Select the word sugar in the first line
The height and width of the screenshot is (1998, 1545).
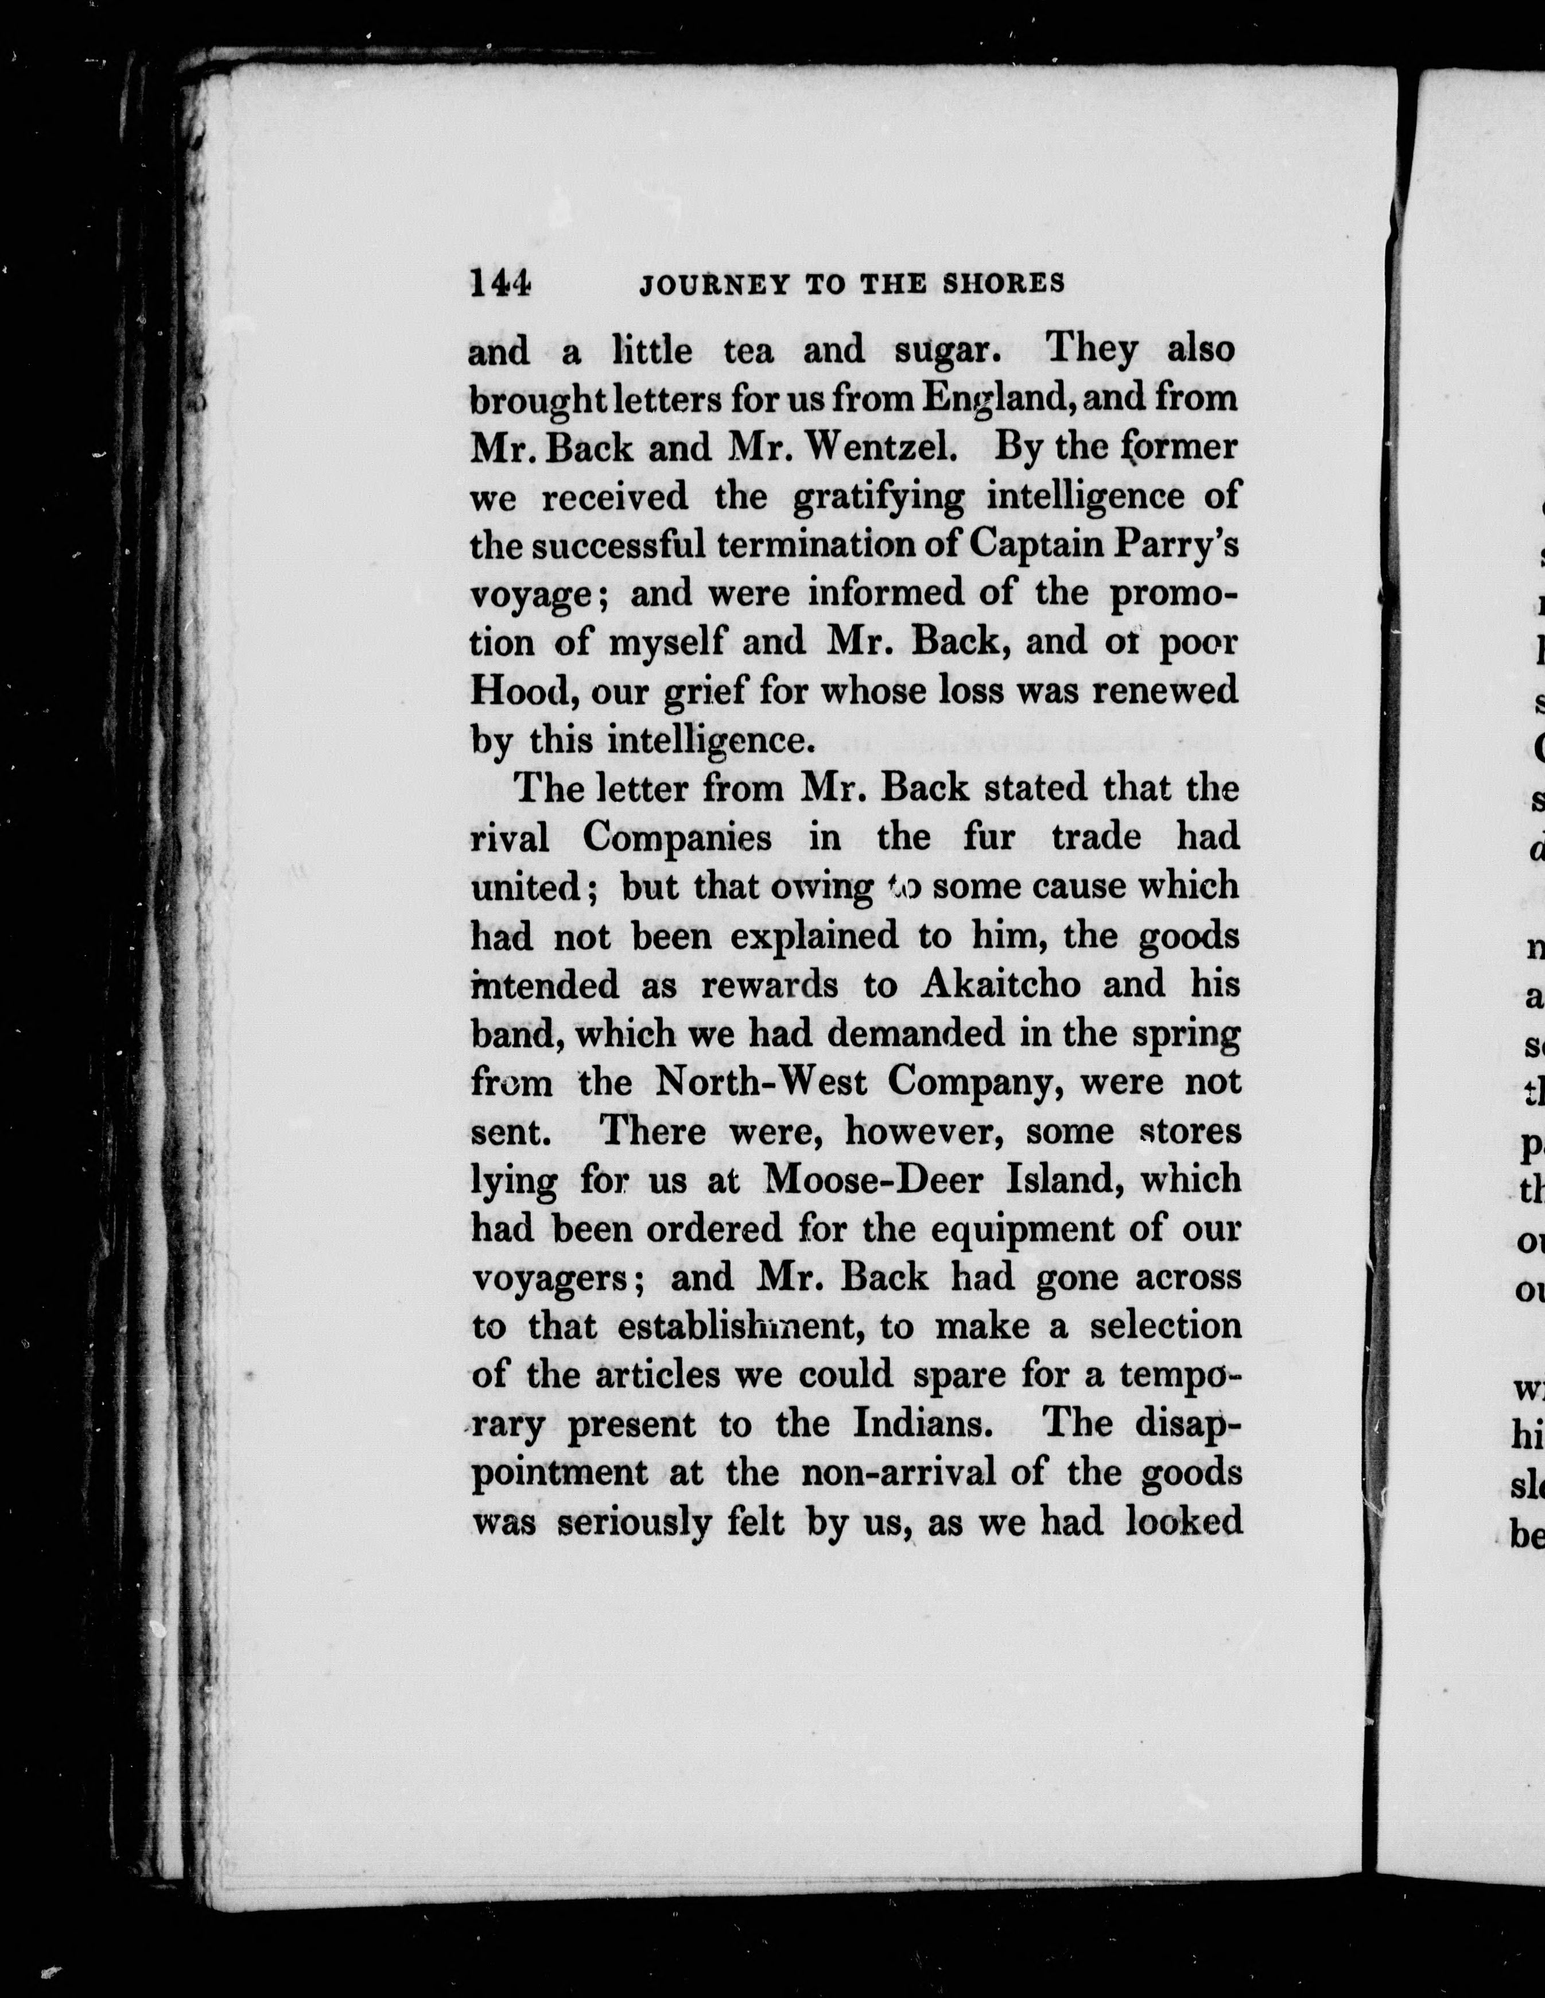[943, 350]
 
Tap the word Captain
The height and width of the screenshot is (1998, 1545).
[1034, 546]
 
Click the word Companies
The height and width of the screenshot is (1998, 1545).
[677, 837]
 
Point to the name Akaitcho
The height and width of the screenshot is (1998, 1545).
[1001, 983]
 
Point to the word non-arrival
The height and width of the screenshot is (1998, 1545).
[923, 1473]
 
